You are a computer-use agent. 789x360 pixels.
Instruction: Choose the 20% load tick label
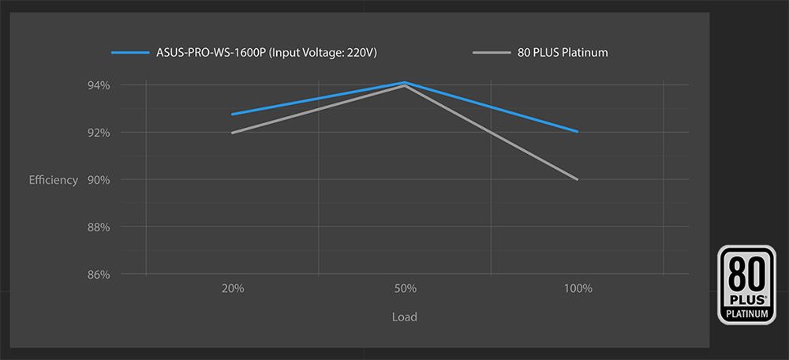pyautogui.click(x=233, y=289)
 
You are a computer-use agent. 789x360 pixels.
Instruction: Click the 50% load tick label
pyautogui.click(x=405, y=289)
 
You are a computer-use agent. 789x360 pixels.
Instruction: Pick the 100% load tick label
pyautogui.click(x=578, y=289)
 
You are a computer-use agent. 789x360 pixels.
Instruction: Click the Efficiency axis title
pyautogui.click(x=54, y=180)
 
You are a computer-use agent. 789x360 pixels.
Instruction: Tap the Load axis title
pyautogui.click(x=405, y=317)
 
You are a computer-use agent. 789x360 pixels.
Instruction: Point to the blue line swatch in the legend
pyautogui.click(x=130, y=53)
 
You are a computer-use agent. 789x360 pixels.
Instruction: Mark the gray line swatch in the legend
pyautogui.click(x=491, y=53)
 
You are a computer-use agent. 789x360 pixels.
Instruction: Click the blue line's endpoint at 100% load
pyautogui.click(x=578, y=132)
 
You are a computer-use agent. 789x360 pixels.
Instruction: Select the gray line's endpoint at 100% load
pyautogui.click(x=578, y=179)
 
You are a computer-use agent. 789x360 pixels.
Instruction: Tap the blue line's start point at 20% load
pyautogui.click(x=233, y=114)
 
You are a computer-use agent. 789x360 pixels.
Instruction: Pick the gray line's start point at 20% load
pyautogui.click(x=233, y=133)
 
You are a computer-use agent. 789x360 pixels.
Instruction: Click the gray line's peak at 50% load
pyautogui.click(x=405, y=86)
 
